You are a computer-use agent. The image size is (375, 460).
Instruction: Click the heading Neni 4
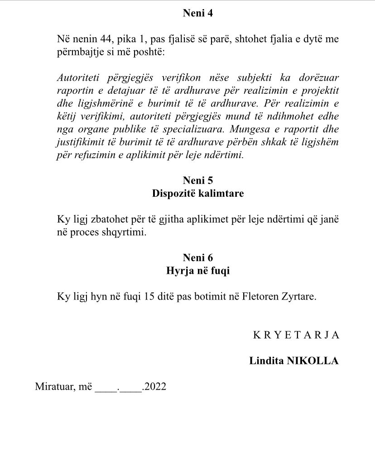click(197, 13)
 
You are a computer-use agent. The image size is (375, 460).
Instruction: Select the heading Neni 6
click(197, 258)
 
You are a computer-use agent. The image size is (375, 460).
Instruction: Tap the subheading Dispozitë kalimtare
click(197, 194)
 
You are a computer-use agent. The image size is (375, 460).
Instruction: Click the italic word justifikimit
click(81, 129)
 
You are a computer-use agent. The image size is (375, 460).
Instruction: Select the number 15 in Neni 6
click(149, 297)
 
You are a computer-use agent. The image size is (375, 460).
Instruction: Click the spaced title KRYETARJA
click(296, 335)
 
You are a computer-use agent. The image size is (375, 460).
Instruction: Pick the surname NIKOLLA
click(313, 361)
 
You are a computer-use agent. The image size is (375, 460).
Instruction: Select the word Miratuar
click(53, 387)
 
